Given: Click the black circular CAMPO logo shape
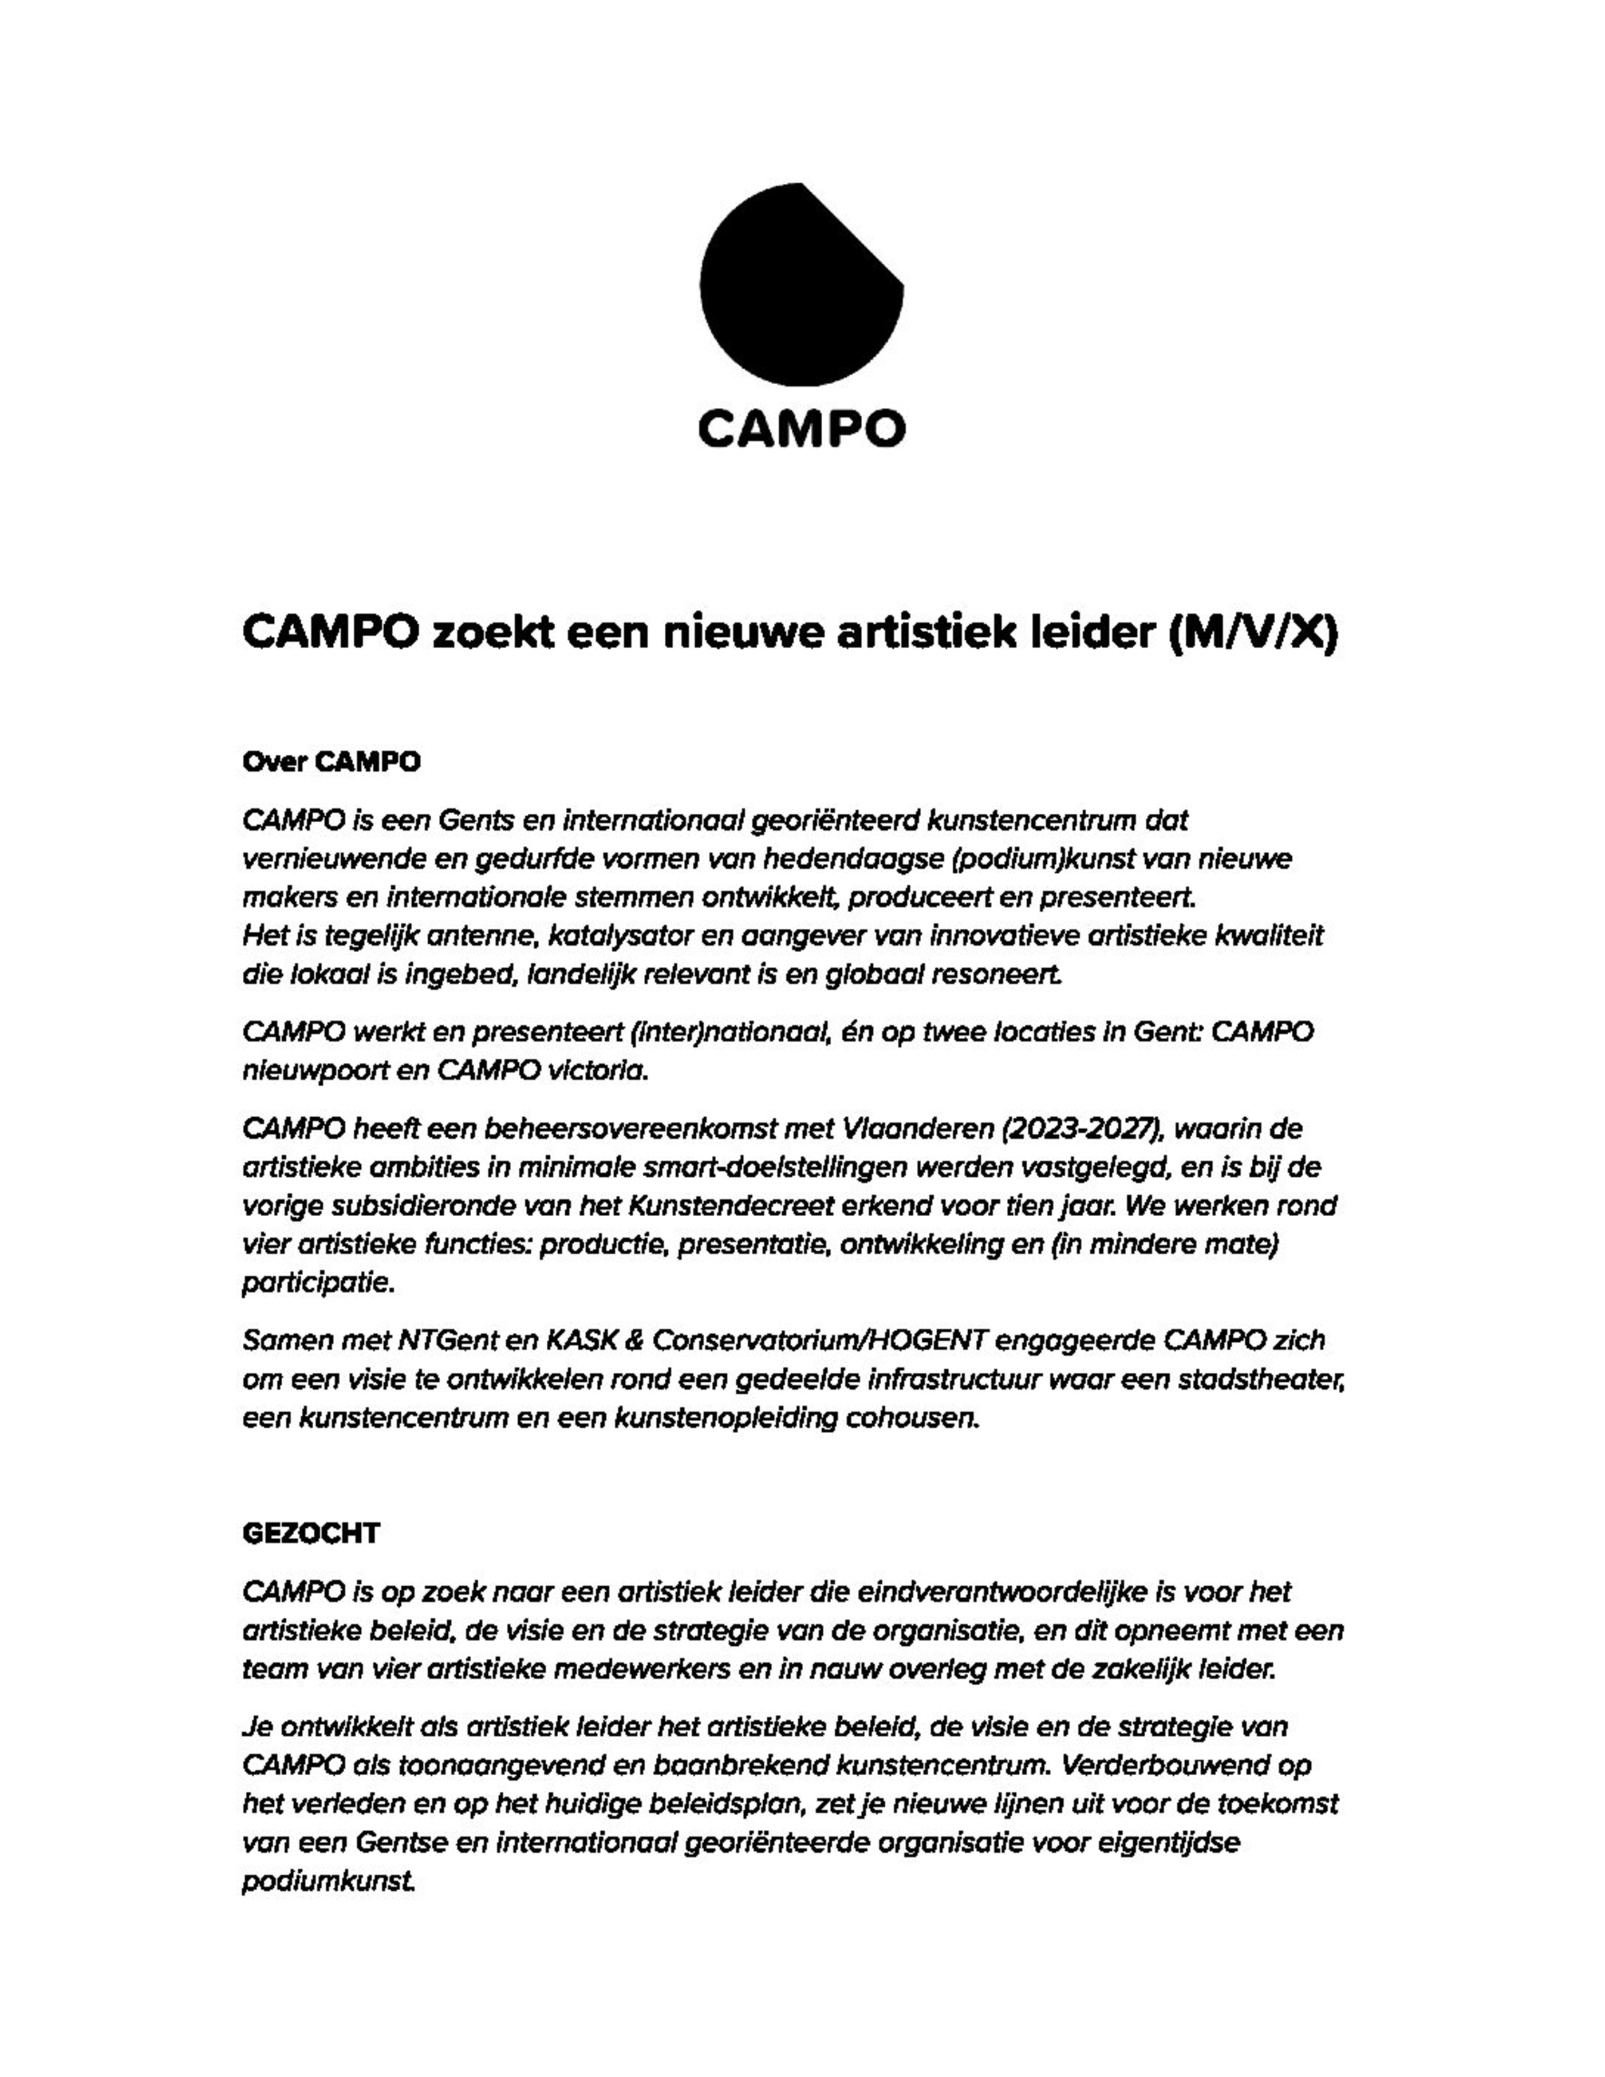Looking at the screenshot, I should coord(800,284).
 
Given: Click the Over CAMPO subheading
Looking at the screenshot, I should coord(331,763).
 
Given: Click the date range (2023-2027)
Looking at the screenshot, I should coord(1084,1130).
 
